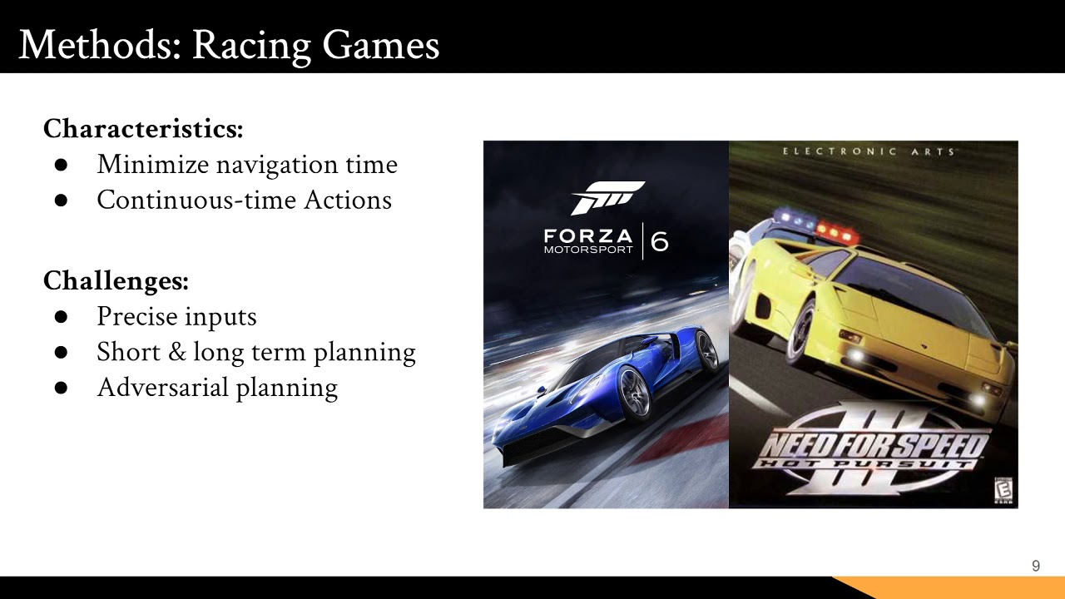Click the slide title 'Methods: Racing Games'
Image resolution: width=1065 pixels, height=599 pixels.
[229, 45]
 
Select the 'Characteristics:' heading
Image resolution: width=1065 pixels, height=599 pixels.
[143, 129]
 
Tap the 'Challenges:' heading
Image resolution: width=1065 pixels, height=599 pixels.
[116, 280]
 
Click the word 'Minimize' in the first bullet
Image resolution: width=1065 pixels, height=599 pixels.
[153, 165]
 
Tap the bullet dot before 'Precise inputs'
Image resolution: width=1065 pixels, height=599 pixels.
[61, 317]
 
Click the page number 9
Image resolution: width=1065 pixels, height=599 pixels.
[1036, 567]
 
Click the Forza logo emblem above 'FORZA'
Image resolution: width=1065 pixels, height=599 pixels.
[607, 197]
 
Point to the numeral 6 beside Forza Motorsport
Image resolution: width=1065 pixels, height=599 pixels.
[659, 241]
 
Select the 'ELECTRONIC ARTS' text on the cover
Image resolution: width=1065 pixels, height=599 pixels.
[869, 151]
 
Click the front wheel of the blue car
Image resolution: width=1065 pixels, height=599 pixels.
[634, 393]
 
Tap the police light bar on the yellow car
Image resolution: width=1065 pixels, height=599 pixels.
[815, 226]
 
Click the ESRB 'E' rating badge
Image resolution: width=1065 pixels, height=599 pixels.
[1004, 491]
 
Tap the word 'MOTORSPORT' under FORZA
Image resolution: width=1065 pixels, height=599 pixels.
[588, 250]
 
